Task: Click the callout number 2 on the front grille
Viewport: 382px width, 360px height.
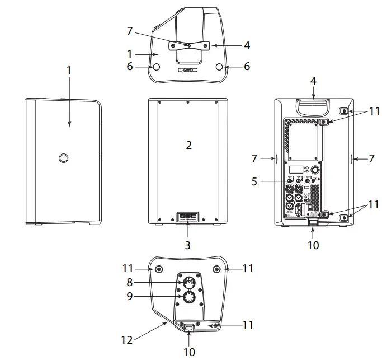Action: [x=189, y=146]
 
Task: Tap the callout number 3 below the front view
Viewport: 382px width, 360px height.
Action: [x=188, y=245]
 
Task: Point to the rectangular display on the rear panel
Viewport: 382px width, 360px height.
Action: [x=297, y=170]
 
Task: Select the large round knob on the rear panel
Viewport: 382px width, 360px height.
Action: [x=317, y=170]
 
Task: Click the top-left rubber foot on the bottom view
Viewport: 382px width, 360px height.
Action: [x=159, y=269]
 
